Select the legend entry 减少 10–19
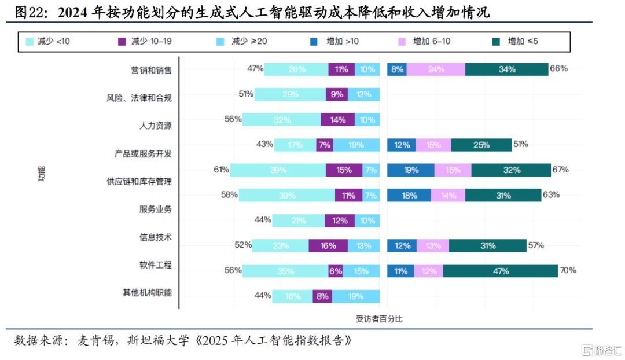click(x=145, y=42)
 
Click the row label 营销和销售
click(x=151, y=70)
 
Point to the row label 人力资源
click(x=156, y=126)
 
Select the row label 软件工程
click(x=156, y=265)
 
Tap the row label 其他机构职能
click(x=148, y=293)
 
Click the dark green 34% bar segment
click(x=506, y=69)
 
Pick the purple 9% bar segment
click(x=337, y=94)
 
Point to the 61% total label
click(x=222, y=170)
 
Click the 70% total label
click(x=568, y=270)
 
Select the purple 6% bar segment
click(x=336, y=271)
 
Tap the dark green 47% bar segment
click(x=500, y=271)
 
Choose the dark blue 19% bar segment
click(x=410, y=170)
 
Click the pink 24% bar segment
click(x=435, y=69)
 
